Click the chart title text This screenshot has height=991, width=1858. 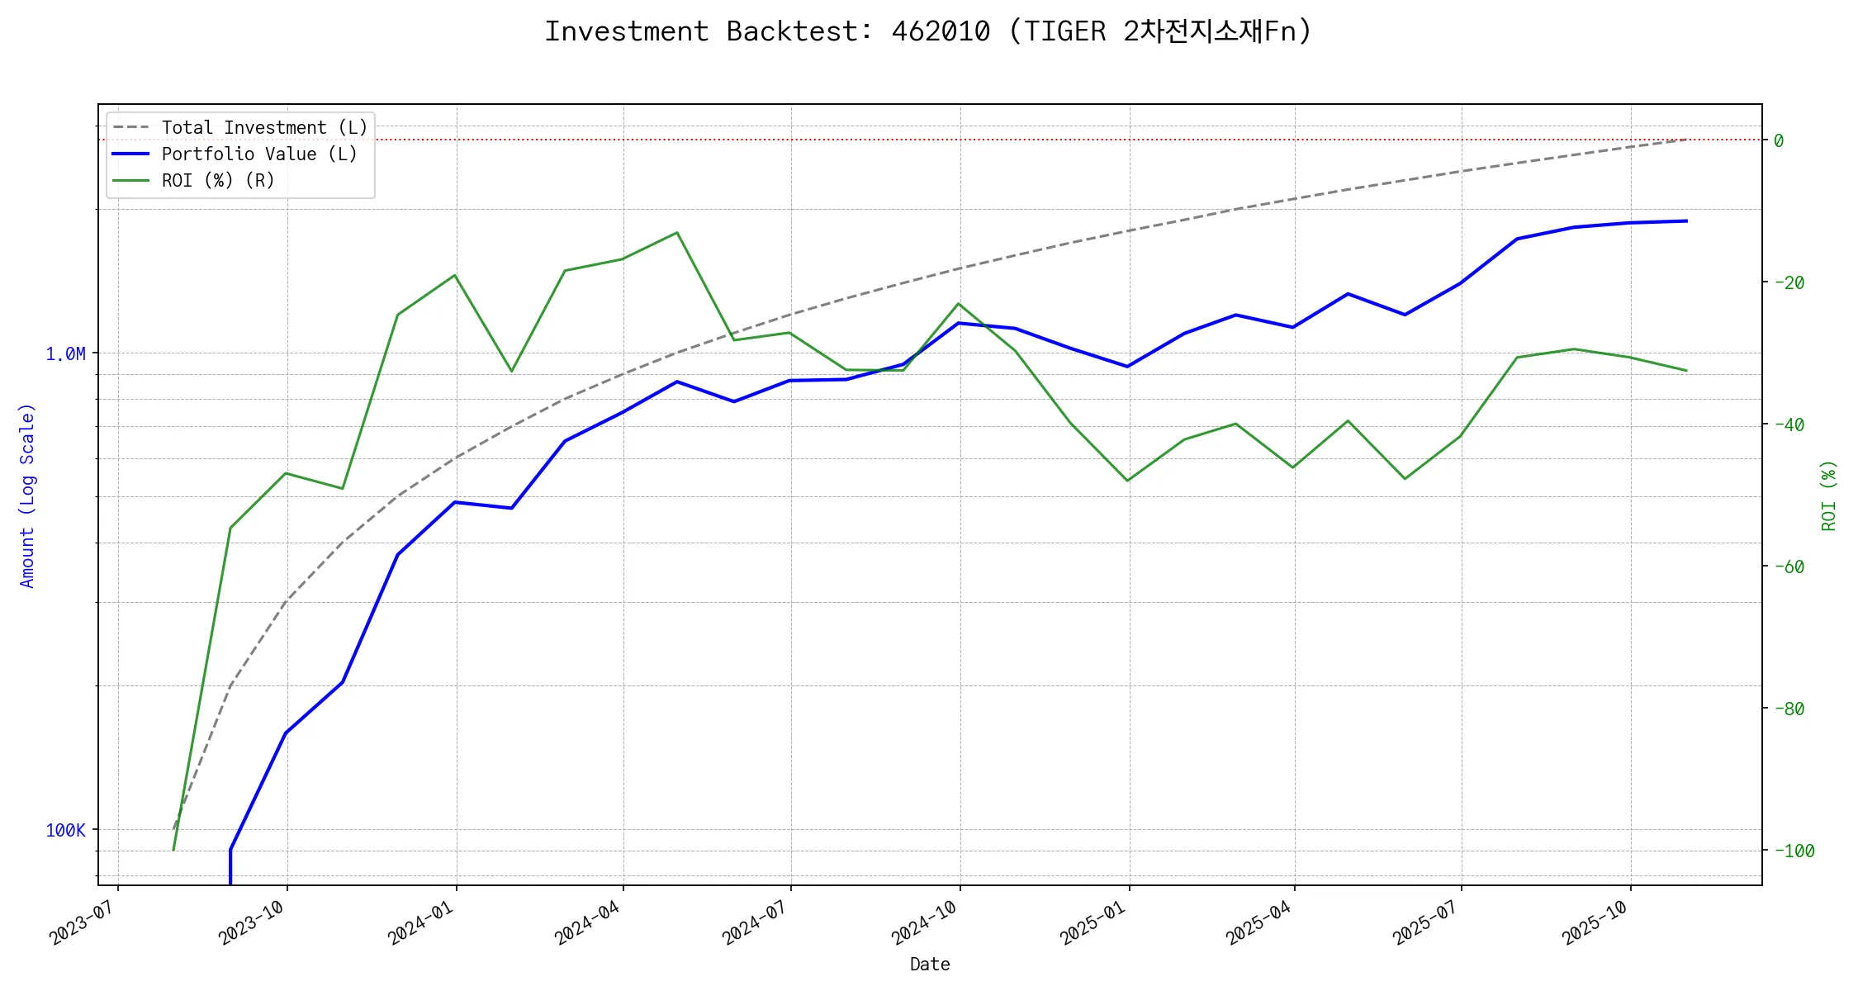tap(928, 31)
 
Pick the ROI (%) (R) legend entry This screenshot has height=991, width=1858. tap(218, 181)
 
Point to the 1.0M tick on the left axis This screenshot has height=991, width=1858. tap(65, 354)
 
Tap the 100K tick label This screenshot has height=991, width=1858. tap(65, 831)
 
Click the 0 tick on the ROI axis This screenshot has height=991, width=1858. tap(1779, 140)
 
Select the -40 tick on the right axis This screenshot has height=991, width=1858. tap(1788, 424)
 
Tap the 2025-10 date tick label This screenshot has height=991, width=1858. tap(1594, 922)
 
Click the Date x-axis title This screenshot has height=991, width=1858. tap(930, 965)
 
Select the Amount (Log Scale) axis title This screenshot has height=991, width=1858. tap(27, 495)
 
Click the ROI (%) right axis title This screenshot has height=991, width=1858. tap(1829, 495)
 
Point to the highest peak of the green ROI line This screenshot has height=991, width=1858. tap(677, 233)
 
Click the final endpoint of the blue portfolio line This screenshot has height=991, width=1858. tap(1686, 221)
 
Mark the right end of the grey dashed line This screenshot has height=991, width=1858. tap(1686, 140)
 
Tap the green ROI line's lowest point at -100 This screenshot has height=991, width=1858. tap(173, 850)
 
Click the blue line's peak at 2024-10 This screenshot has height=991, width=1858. tap(958, 323)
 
